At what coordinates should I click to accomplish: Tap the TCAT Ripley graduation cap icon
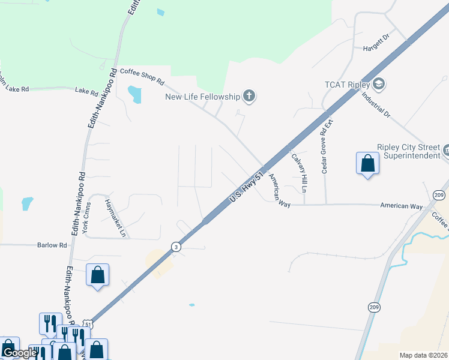click(x=378, y=84)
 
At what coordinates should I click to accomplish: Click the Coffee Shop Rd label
click(x=142, y=75)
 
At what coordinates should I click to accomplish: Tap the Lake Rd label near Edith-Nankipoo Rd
click(x=86, y=91)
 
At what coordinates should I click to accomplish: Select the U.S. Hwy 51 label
click(x=247, y=188)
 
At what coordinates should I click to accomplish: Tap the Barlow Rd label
click(x=52, y=245)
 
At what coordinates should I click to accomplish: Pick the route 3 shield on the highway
click(x=176, y=247)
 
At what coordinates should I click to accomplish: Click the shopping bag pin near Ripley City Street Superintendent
click(x=367, y=163)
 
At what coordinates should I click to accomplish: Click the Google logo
click(x=19, y=353)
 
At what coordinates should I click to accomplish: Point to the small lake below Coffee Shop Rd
click(x=134, y=94)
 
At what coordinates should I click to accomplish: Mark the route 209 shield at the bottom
click(x=374, y=308)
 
